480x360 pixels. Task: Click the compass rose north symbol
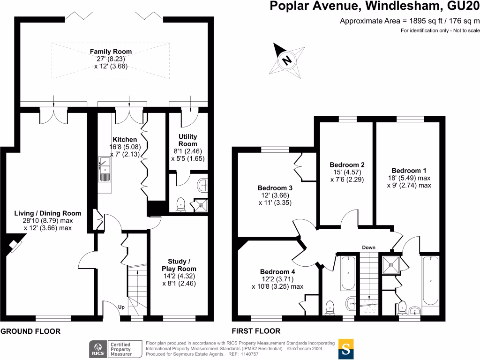tap(285, 60)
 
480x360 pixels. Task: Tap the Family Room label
tap(111, 52)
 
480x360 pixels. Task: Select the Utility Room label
tap(187, 140)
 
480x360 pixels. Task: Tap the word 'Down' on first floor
tap(368, 247)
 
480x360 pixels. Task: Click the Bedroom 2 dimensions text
tap(347, 176)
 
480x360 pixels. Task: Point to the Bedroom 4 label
tap(277, 272)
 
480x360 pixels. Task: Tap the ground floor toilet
tap(181, 204)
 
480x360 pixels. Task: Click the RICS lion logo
tap(97, 349)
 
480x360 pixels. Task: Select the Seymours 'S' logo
tap(346, 349)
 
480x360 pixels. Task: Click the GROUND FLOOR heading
tap(30, 331)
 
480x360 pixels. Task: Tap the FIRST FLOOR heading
tap(256, 331)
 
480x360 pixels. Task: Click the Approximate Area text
tap(409, 21)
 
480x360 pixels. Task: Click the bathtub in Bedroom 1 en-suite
tap(430, 280)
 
